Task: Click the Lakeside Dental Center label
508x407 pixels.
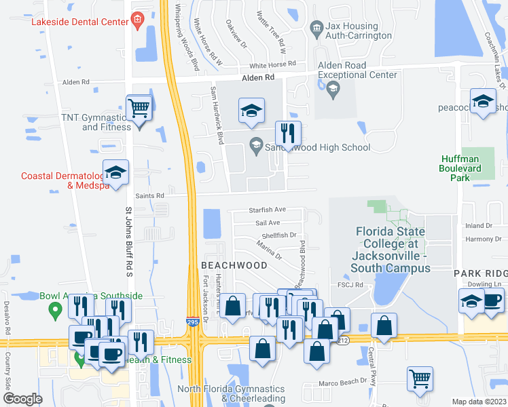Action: tap(80, 22)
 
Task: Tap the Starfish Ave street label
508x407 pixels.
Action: tap(267, 210)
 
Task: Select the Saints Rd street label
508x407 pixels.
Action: tap(151, 196)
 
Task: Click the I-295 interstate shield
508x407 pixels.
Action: tap(194, 323)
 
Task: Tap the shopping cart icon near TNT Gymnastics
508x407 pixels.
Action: tap(139, 107)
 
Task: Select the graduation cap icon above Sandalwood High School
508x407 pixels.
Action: tap(251, 111)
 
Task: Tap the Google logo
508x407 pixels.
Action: tap(22, 399)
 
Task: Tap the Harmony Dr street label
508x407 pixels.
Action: tap(479, 239)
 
